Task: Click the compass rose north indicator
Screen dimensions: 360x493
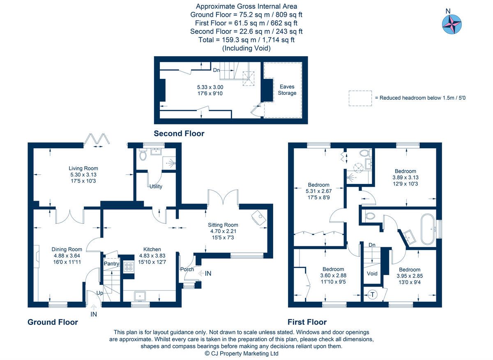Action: click(452, 24)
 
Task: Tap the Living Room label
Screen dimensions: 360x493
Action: click(83, 168)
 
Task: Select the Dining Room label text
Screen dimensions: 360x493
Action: click(67, 249)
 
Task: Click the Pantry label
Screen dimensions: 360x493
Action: click(111, 263)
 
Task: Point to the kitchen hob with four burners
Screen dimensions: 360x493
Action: click(129, 267)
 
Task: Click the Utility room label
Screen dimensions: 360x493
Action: click(156, 186)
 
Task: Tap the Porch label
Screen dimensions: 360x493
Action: click(187, 269)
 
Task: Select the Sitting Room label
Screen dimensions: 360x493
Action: click(223, 225)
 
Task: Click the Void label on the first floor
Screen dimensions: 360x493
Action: click(372, 273)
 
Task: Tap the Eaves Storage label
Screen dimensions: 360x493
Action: click(287, 90)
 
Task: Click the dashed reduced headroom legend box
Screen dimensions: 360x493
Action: click(360, 98)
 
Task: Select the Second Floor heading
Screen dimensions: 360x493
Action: click(179, 133)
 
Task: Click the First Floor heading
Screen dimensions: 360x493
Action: click(307, 322)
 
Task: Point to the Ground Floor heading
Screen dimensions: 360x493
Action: click(53, 322)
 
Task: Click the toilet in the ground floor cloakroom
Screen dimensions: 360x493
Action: click(143, 155)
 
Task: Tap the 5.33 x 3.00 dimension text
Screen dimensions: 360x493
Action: click(210, 87)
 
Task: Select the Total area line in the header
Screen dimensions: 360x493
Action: click(246, 40)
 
